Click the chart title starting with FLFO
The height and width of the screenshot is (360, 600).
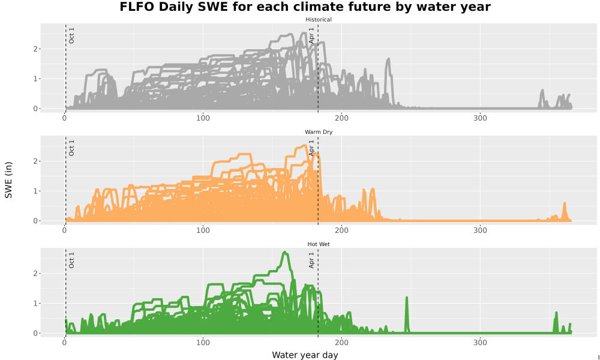[305, 7]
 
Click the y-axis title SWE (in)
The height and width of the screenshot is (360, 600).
[8, 180]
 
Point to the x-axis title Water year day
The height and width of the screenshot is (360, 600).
[305, 355]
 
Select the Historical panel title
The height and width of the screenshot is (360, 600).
[319, 20]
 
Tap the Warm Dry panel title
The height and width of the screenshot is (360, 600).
[319, 132]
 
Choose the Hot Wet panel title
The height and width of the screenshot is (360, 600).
[319, 244]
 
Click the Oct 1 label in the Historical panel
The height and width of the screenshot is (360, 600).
[71, 35]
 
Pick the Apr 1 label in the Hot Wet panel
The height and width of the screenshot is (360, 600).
[311, 260]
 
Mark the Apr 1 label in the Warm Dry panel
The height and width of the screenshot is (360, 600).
[311, 148]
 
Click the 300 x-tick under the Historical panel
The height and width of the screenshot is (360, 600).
[480, 118]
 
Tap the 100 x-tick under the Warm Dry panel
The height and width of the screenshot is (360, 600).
[203, 230]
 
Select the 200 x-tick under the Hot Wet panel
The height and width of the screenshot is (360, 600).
[341, 343]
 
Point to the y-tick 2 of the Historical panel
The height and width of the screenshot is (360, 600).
[35, 49]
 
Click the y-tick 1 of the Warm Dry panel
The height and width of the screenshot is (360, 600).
[35, 191]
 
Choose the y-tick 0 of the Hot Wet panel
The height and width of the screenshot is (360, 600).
[35, 333]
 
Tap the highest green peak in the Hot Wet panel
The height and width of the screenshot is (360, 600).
[284, 253]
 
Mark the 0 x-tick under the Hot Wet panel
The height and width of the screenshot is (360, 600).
[65, 343]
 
